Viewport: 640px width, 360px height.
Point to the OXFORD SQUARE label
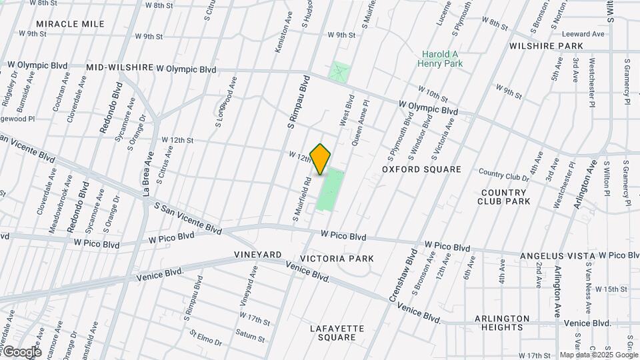click(421, 169)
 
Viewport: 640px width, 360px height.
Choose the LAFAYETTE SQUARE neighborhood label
click(337, 333)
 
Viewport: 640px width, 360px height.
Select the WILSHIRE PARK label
click(546, 46)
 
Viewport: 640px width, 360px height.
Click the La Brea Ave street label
click(148, 174)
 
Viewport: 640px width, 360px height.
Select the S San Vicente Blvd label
click(188, 218)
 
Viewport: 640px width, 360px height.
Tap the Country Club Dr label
click(503, 175)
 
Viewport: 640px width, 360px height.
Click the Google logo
click(21, 351)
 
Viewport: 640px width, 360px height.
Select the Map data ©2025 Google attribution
click(599, 355)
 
